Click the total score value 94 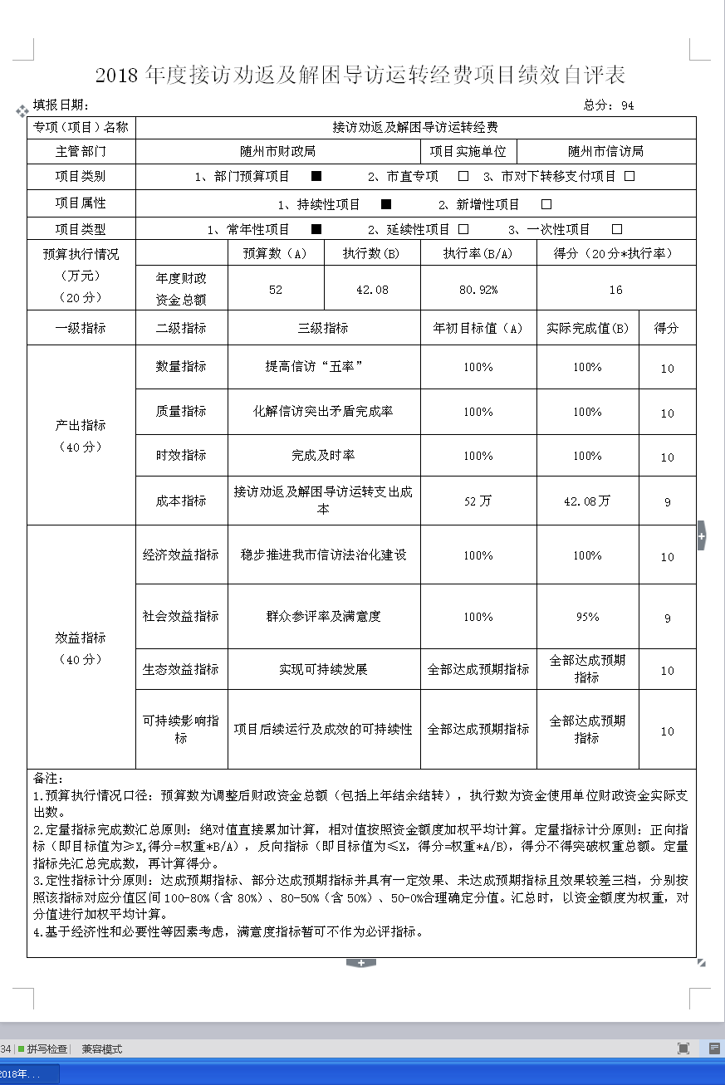627,105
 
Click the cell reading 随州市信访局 605,151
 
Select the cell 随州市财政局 277,151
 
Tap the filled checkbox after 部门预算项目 316,176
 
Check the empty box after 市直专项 463,176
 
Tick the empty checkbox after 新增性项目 546,204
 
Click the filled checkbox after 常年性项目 316,229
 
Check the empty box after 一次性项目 616,229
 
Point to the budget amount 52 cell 275,290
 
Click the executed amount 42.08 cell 371,290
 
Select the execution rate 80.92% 478,290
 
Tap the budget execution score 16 615,290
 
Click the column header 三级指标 323,328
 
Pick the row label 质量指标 181,411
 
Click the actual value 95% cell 587,617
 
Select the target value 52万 478,501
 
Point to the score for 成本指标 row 667,501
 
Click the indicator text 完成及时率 323,456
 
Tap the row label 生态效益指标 181,669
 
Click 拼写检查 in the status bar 47,1048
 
